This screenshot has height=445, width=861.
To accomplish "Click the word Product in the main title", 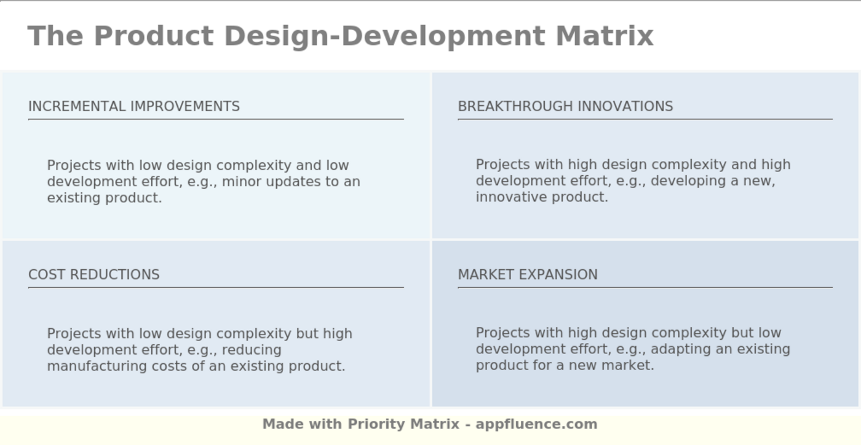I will pos(153,36).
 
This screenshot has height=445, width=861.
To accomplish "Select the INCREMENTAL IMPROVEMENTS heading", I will pos(134,106).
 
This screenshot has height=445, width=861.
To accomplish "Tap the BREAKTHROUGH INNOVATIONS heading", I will pos(565,106).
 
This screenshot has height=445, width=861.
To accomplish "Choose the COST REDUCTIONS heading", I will pos(93,275).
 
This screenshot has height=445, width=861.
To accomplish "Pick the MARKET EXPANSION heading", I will pos(527,275).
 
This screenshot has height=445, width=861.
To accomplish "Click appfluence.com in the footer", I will pos(536,424).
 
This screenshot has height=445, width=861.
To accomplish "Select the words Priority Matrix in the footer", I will pos(403,424).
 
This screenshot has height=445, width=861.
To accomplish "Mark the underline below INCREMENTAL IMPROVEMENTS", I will pos(215,119).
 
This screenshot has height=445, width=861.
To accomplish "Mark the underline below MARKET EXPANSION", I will pos(645,287).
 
